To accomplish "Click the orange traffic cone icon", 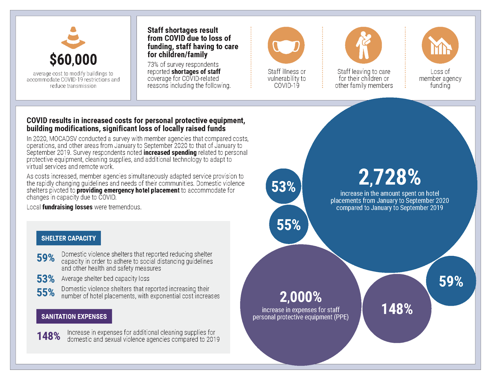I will point(73,38).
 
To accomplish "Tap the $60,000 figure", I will point(73,60).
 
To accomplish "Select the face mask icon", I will point(286,45).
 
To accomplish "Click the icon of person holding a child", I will point(363,45).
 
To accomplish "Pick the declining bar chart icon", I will point(440,45).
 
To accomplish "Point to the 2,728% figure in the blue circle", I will point(389,178).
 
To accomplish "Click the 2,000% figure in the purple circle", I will point(300,297).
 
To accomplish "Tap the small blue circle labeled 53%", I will point(284,186).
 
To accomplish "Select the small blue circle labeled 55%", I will point(288,225).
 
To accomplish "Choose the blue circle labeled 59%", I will point(451,281).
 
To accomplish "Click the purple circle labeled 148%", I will point(397,309).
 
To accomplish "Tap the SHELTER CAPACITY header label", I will point(68,238).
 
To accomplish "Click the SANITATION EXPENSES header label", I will point(74,316).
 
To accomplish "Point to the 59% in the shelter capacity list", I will point(46,258).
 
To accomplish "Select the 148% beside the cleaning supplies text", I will point(48,336).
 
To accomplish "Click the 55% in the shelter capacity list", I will point(46,292).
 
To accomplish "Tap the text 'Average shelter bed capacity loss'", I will point(105,279).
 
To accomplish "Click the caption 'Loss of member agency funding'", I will point(440,79).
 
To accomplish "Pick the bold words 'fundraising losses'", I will point(67,207).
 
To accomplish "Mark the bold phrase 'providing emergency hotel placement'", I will point(128,190).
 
